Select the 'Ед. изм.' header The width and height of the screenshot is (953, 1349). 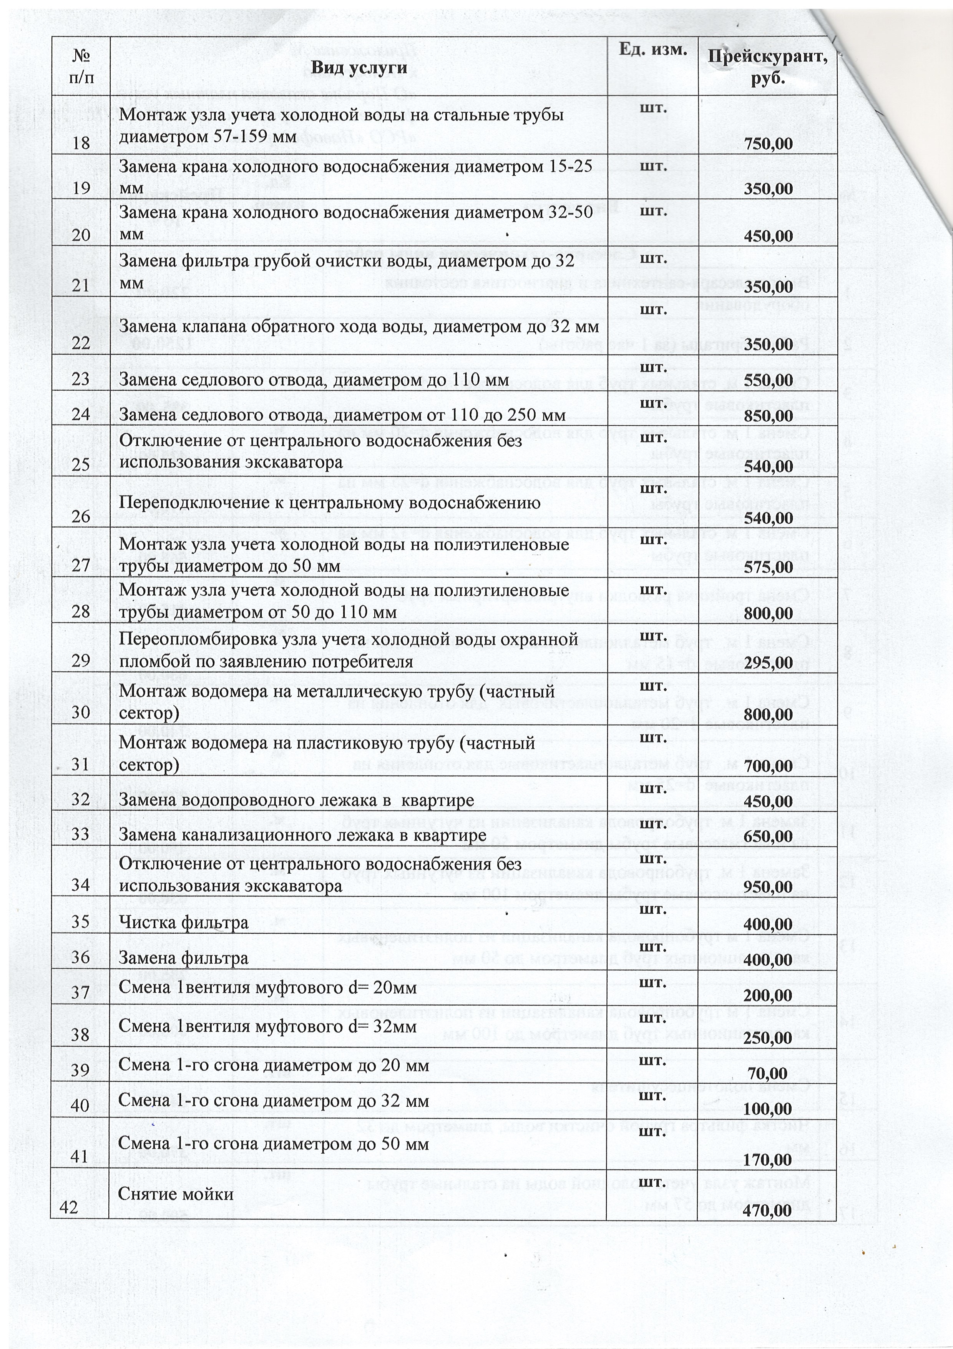pos(653,50)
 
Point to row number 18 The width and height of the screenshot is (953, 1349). pos(81,143)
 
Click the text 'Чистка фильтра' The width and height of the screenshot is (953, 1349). pos(184,923)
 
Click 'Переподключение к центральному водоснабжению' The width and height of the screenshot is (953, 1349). pos(329,503)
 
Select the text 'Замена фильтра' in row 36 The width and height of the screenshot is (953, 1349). pos(184,958)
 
